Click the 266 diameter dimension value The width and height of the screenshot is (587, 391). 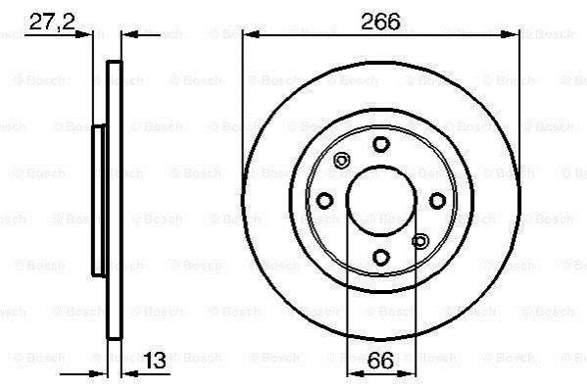(x=380, y=22)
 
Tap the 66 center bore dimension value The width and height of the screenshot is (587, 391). (x=380, y=361)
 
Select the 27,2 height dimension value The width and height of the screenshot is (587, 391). (x=52, y=22)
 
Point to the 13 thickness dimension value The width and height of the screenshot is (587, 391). (x=155, y=361)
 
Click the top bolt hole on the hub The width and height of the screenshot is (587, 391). (x=381, y=144)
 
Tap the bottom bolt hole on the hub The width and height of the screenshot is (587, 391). (x=381, y=258)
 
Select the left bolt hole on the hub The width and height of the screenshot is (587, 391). (x=324, y=201)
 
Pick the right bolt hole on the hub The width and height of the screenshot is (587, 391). (x=437, y=201)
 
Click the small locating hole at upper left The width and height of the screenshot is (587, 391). (x=341, y=161)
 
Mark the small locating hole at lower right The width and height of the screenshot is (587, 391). (x=420, y=241)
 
